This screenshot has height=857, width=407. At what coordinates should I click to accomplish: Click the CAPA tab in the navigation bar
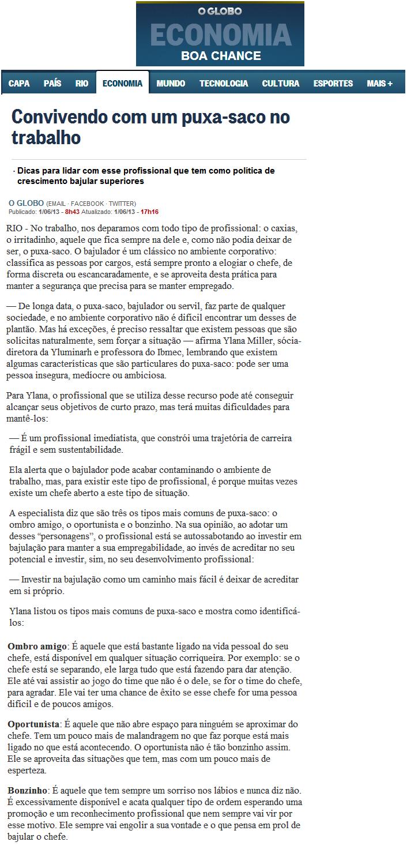click(19, 84)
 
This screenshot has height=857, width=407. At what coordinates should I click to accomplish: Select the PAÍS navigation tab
click(52, 84)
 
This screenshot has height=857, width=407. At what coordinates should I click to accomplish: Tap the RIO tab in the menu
click(82, 84)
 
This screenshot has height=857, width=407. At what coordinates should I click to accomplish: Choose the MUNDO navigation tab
click(171, 84)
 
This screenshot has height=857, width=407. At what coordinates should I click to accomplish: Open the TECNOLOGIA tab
click(224, 84)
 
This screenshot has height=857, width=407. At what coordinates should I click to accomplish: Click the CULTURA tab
click(281, 84)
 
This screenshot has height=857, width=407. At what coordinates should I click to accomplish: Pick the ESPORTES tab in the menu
click(333, 84)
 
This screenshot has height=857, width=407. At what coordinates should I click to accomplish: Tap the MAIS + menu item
click(379, 84)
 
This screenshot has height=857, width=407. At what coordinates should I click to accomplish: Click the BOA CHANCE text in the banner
click(221, 56)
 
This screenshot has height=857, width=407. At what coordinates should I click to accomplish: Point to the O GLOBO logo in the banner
click(220, 11)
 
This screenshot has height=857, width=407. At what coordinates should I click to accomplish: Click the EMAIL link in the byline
click(56, 204)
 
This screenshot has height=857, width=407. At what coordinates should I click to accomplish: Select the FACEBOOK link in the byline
click(87, 204)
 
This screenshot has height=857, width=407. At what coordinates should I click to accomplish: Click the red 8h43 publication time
click(73, 212)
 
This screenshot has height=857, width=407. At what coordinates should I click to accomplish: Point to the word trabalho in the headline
click(46, 138)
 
